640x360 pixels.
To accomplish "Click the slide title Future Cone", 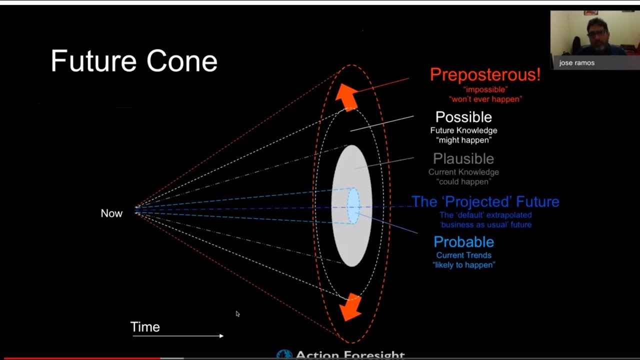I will pyautogui.click(x=134, y=61).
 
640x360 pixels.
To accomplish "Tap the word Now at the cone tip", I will pyautogui.click(x=111, y=213).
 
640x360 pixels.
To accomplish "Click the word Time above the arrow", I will pyautogui.click(x=145, y=327).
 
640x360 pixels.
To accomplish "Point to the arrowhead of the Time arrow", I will pyautogui.click(x=221, y=336).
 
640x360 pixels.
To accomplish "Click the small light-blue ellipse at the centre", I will pyautogui.click(x=353, y=205).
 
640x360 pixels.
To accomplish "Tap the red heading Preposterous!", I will pyautogui.click(x=485, y=74).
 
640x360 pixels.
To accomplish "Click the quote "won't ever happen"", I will pyautogui.click(x=485, y=99).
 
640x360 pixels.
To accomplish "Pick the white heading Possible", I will pyautogui.click(x=463, y=117).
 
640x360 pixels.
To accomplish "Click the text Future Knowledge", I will pyautogui.click(x=463, y=130).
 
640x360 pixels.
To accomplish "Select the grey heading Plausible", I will pyautogui.click(x=463, y=158).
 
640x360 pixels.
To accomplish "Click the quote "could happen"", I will pyautogui.click(x=463, y=182).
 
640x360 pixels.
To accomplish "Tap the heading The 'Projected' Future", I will pyautogui.click(x=485, y=202).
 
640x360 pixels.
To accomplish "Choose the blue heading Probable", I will pyautogui.click(x=463, y=242).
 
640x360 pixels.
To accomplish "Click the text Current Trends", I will pyautogui.click(x=463, y=255).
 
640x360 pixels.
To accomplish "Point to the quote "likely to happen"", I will pyautogui.click(x=463, y=265).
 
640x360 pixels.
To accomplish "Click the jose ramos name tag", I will pyautogui.click(x=577, y=63).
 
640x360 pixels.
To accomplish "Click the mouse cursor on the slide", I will pyautogui.click(x=237, y=314).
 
